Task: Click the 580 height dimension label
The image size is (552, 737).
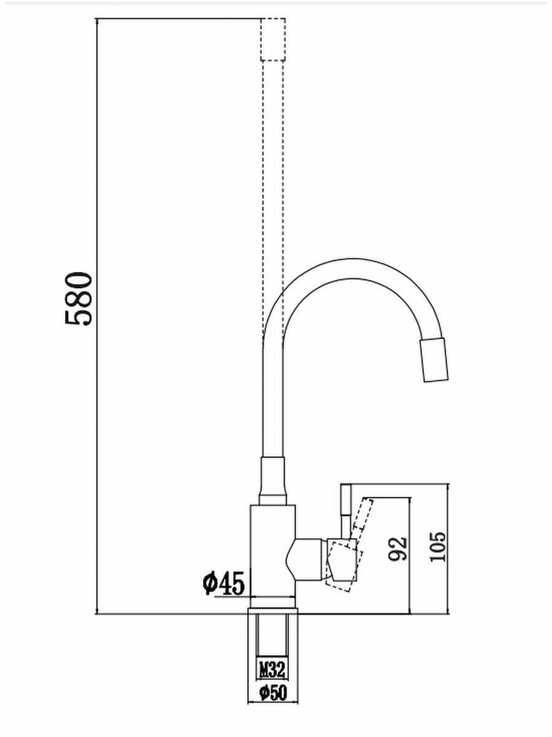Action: (x=78, y=298)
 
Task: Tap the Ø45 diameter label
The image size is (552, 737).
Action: (x=224, y=583)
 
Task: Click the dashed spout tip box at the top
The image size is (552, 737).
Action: (x=273, y=40)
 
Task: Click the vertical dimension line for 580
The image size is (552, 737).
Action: (x=97, y=316)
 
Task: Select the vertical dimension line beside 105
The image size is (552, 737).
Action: (x=448, y=549)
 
